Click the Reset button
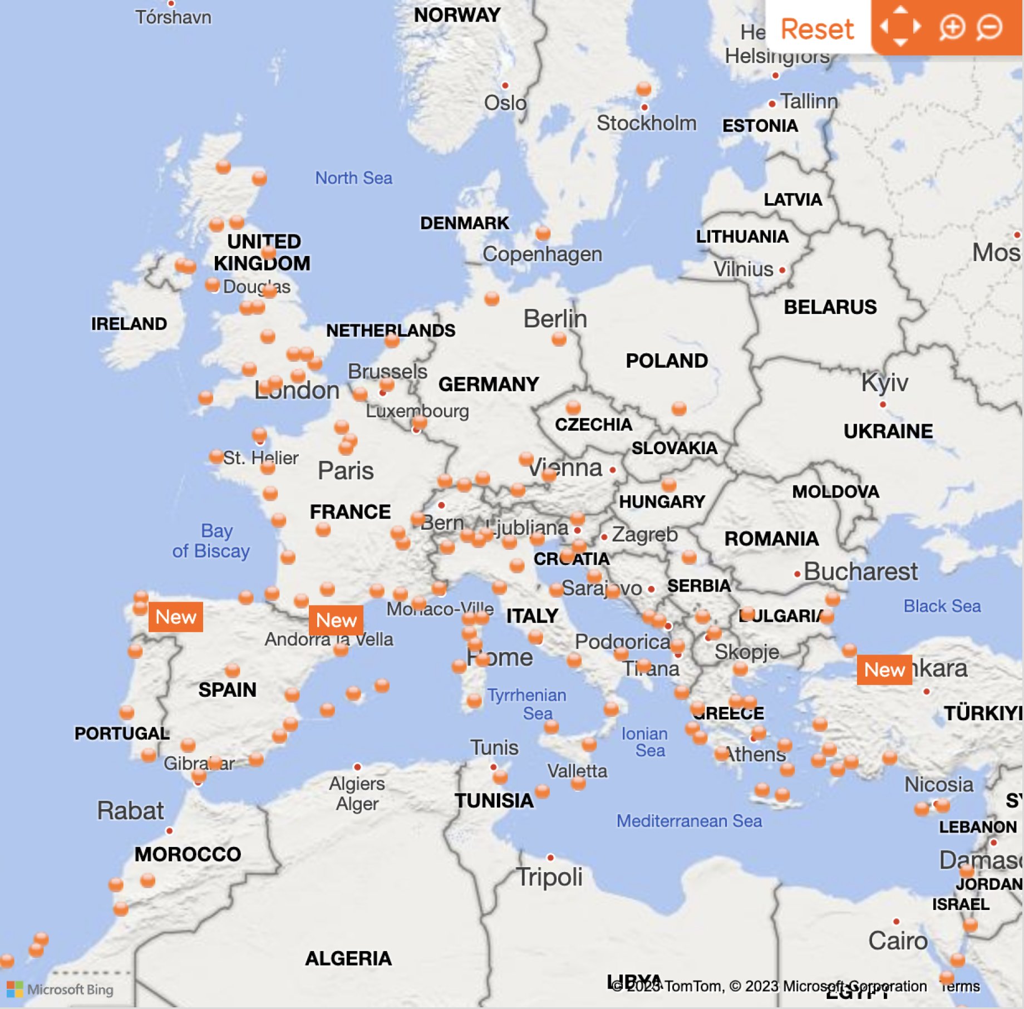(816, 28)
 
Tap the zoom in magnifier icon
(951, 27)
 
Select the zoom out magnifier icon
(989, 27)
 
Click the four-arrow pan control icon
(900, 26)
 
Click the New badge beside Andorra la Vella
(336, 620)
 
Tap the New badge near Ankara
(884, 670)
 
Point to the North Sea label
(353, 178)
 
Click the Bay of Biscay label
(211, 541)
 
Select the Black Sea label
(942, 606)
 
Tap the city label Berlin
(555, 319)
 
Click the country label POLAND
(667, 361)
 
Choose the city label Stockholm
(646, 123)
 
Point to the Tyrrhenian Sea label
(527, 704)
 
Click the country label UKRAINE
(888, 431)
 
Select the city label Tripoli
(549, 878)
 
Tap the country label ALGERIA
(348, 958)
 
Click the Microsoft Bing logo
(60, 989)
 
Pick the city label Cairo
(898, 941)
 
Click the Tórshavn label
(173, 17)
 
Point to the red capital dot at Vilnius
(782, 270)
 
